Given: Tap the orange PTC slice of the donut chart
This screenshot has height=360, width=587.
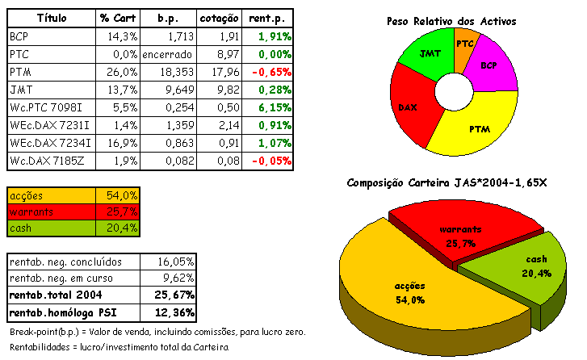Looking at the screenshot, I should pos(464,43).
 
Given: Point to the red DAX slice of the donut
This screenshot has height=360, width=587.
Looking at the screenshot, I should pos(409,106).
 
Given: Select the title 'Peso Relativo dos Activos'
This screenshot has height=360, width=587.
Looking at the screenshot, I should pos(462,20).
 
